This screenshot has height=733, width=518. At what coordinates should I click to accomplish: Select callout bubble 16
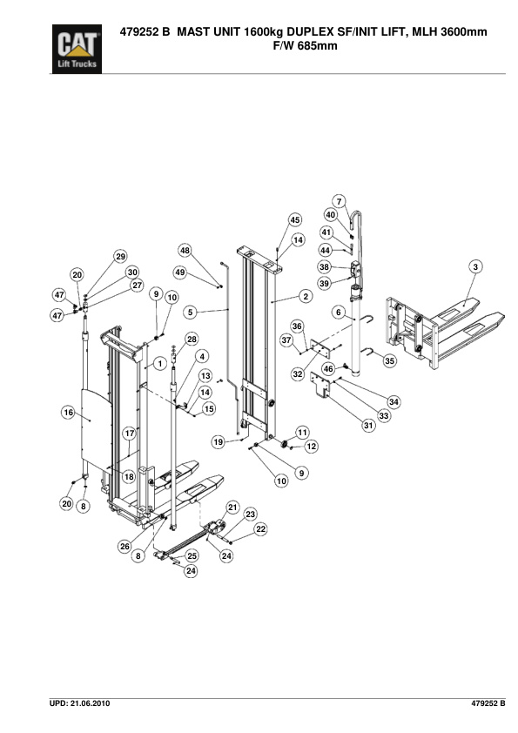(x=68, y=413)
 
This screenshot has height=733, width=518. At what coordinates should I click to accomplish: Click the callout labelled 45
(x=295, y=220)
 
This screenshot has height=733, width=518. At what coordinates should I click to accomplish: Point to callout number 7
(x=340, y=201)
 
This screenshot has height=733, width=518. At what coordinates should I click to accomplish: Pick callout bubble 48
(x=185, y=251)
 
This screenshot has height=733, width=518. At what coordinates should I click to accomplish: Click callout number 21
(x=232, y=508)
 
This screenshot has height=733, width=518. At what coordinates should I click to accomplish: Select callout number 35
(x=389, y=360)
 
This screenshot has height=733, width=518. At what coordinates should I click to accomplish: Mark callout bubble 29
(x=120, y=256)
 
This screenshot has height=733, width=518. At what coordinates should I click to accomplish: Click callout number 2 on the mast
(x=306, y=296)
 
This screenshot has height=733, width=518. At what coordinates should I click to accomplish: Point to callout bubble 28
(x=192, y=339)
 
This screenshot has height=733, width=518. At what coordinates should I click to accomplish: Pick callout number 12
(x=311, y=447)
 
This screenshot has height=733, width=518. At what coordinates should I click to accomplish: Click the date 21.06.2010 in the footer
(x=84, y=702)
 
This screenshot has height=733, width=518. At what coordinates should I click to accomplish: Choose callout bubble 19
(x=218, y=442)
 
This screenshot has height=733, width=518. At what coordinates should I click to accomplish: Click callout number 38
(x=324, y=267)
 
